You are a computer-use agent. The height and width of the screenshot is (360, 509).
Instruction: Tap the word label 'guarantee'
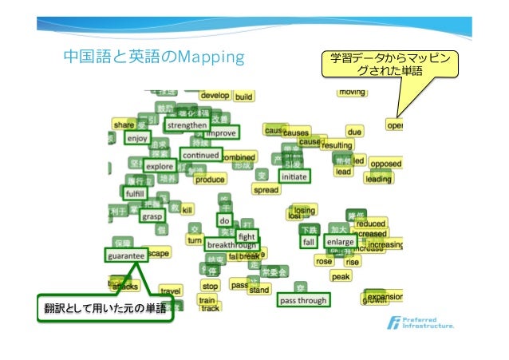pyautogui.click(x=125, y=256)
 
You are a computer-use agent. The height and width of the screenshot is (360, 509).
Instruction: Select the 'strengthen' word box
pyautogui.click(x=187, y=125)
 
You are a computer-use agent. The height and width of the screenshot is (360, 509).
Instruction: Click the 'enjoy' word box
pyautogui.click(x=137, y=138)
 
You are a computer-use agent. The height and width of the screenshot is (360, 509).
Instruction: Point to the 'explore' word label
pyautogui.click(x=160, y=166)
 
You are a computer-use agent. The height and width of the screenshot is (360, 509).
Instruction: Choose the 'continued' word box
pyautogui.click(x=200, y=154)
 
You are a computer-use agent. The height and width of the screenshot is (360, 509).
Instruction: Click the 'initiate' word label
pyautogui.click(x=294, y=176)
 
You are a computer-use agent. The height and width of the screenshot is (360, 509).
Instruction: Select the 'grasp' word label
pyautogui.click(x=152, y=216)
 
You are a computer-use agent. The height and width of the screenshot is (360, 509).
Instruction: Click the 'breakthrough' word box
pyautogui.click(x=231, y=244)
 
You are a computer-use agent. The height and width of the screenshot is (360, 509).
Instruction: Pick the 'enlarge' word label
pyautogui.click(x=341, y=242)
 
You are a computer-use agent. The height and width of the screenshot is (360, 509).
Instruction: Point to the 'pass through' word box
pyautogui.click(x=303, y=301)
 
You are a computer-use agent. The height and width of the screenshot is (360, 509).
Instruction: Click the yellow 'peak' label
pyautogui.click(x=341, y=276)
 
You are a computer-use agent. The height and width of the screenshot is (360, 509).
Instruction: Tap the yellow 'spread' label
pyautogui.click(x=266, y=190)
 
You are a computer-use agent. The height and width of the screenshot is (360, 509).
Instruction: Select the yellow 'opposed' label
pyautogui.click(x=386, y=164)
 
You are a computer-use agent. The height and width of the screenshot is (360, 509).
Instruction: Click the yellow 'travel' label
pyautogui.click(x=171, y=291)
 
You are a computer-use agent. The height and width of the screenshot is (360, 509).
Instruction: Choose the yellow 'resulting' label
pyautogui.click(x=337, y=145)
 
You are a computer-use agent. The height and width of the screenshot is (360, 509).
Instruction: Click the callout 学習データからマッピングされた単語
pyautogui.click(x=390, y=65)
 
